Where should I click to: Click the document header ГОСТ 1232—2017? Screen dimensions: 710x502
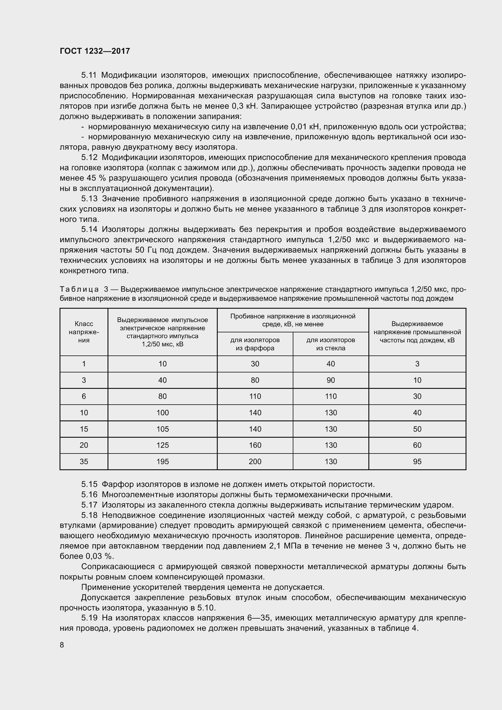pyautogui.click(x=95, y=51)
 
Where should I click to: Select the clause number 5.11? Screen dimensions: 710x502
pyautogui.click(x=89, y=75)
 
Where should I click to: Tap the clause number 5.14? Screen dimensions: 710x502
pyautogui.click(x=89, y=229)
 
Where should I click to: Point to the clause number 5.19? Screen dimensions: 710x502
pyautogui.click(x=89, y=618)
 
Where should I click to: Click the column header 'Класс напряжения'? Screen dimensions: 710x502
pyautogui.click(x=84, y=332)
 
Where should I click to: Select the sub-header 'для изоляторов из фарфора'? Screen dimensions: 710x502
pyautogui.click(x=255, y=344)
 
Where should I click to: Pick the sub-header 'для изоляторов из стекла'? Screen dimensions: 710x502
pyautogui.click(x=331, y=344)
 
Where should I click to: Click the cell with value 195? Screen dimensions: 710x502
pyautogui.click(x=162, y=461)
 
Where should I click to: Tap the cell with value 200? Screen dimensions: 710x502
pyautogui.click(x=255, y=461)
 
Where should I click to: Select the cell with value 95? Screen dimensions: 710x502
pyautogui.click(x=417, y=461)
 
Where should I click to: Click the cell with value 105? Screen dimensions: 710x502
pyautogui.click(x=162, y=429)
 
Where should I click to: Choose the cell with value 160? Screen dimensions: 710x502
pyautogui.click(x=255, y=445)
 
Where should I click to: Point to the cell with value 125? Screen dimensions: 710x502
pyautogui.click(x=162, y=445)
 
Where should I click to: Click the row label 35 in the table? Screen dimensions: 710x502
pyautogui.click(x=84, y=461)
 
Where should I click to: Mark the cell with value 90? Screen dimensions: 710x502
pyautogui.click(x=331, y=380)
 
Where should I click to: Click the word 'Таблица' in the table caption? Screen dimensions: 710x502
pyautogui.click(x=79, y=290)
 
